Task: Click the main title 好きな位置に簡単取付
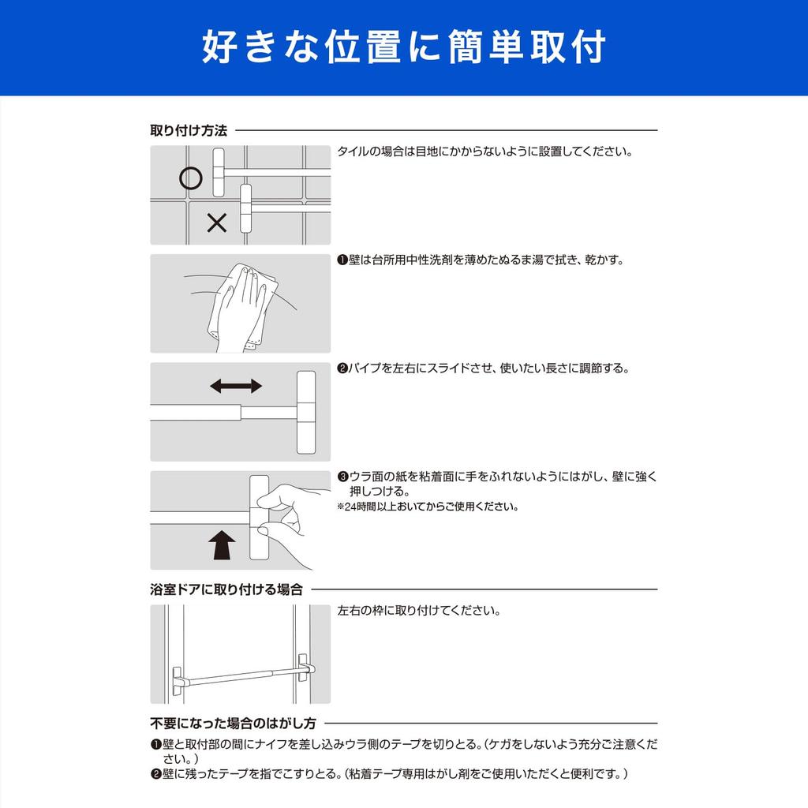pyautogui.click(x=403, y=47)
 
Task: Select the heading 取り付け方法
pyautogui.click(x=189, y=130)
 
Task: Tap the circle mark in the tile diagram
pyautogui.click(x=190, y=178)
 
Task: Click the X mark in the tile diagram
pyautogui.click(x=216, y=223)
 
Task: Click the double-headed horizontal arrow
pyautogui.click(x=236, y=386)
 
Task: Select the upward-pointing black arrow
pyautogui.click(x=221, y=544)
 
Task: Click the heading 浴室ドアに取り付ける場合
pyautogui.click(x=226, y=589)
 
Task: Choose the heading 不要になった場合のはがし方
pyautogui.click(x=233, y=723)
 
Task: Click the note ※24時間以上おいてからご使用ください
pyautogui.click(x=428, y=507)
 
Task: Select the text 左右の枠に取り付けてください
pyautogui.click(x=418, y=612)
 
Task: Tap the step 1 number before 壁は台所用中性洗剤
pyautogui.click(x=342, y=260)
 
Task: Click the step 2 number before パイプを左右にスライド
pyautogui.click(x=342, y=368)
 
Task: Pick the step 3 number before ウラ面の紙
pyautogui.click(x=342, y=477)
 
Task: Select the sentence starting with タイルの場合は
pyautogui.click(x=484, y=151)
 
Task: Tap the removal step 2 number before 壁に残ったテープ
pyautogui.click(x=155, y=774)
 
